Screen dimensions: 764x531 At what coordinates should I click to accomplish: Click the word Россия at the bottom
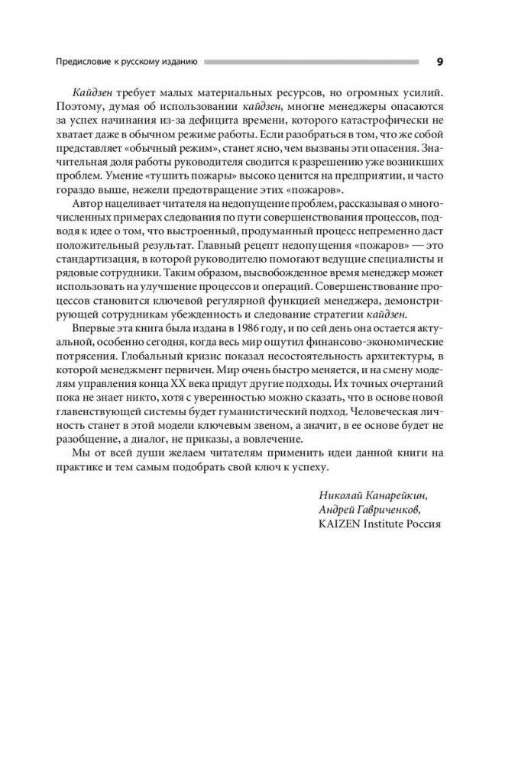pyautogui.click(x=425, y=524)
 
